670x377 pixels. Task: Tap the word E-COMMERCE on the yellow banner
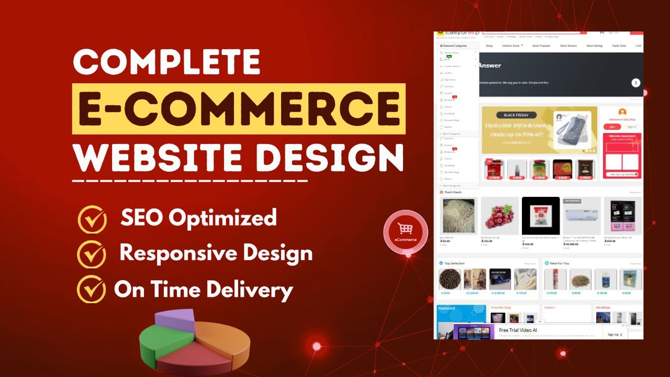[238, 109]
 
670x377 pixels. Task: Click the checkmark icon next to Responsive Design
[92, 254]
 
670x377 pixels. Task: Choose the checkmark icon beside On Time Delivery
[91, 289]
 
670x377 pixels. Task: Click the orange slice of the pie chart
[225, 343]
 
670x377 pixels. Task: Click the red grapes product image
[499, 216]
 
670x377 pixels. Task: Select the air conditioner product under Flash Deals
[582, 216]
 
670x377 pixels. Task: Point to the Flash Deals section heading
[453, 192]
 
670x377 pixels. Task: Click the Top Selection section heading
[454, 263]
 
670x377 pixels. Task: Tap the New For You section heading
[560, 263]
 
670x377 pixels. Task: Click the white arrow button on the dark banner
[635, 83]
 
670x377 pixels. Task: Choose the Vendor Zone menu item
[511, 46]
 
